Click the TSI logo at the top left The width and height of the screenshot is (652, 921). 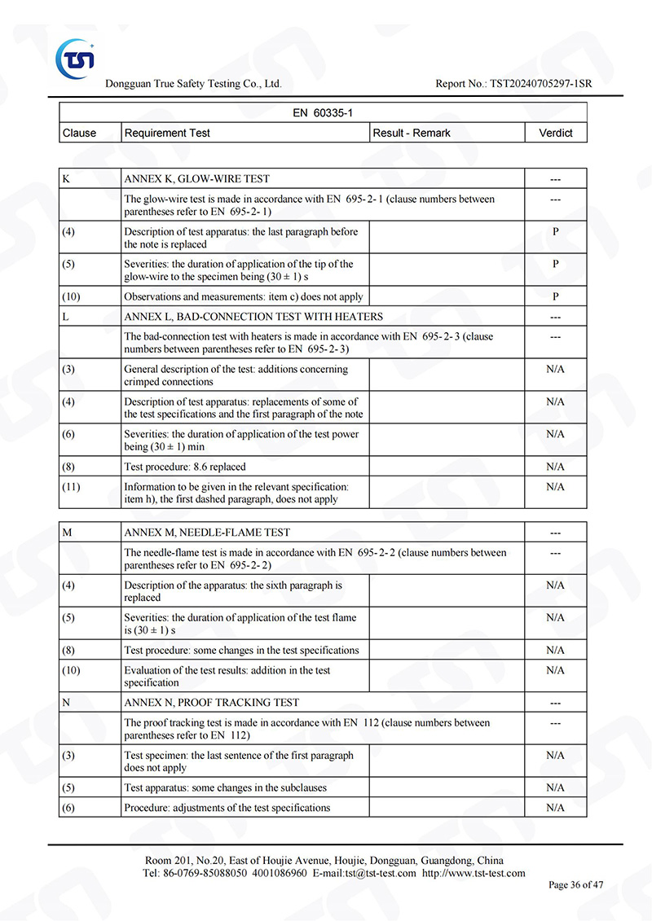[x=75, y=55]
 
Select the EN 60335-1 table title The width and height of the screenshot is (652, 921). [x=323, y=113]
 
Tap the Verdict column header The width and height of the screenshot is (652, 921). [x=556, y=133]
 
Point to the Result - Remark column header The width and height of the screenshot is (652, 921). [x=411, y=133]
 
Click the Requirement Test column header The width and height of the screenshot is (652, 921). [x=167, y=133]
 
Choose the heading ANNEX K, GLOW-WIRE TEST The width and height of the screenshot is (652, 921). [x=196, y=178]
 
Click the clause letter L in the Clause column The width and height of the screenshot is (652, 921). [x=65, y=316]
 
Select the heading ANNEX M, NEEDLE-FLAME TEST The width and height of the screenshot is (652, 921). [x=207, y=533]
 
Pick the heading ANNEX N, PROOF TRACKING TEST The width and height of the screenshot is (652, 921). [x=211, y=702]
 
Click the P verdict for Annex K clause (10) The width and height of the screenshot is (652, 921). [x=556, y=296]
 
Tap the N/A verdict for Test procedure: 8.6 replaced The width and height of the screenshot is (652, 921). [x=556, y=467]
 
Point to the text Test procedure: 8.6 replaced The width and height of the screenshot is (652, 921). [x=184, y=467]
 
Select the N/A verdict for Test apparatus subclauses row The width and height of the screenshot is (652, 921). [x=556, y=787]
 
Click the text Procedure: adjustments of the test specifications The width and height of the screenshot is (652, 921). [x=227, y=808]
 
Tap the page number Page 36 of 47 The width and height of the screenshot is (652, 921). [x=575, y=884]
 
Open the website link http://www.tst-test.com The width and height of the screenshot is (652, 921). [x=474, y=873]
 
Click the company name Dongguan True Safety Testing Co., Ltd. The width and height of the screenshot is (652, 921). [x=193, y=84]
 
